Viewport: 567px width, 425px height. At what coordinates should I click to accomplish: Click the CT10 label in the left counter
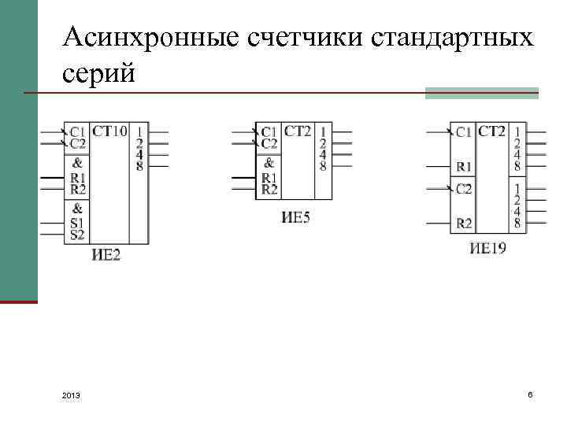click(x=109, y=131)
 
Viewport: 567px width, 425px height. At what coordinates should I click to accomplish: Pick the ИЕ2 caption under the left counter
click(x=106, y=254)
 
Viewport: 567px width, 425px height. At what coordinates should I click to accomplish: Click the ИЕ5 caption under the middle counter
click(x=295, y=216)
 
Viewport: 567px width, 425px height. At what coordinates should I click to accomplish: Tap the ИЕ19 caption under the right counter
click(x=488, y=249)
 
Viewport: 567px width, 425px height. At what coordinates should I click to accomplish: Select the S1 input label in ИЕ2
click(x=77, y=224)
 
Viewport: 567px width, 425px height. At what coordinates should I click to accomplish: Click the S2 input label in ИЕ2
click(x=77, y=235)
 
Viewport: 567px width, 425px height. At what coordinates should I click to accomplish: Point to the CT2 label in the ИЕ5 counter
click(x=298, y=131)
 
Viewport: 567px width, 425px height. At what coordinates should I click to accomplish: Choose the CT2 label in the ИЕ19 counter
click(x=491, y=131)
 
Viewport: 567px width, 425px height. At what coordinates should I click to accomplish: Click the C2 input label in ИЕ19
click(x=465, y=189)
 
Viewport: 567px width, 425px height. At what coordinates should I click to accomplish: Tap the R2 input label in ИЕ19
click(x=465, y=224)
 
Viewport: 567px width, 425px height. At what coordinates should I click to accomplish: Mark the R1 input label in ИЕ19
click(x=465, y=166)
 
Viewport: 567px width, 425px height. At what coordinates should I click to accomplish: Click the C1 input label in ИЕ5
click(x=269, y=131)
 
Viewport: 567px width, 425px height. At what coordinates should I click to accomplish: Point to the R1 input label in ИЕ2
click(x=78, y=178)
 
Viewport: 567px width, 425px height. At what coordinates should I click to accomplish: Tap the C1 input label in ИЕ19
click(x=465, y=131)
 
